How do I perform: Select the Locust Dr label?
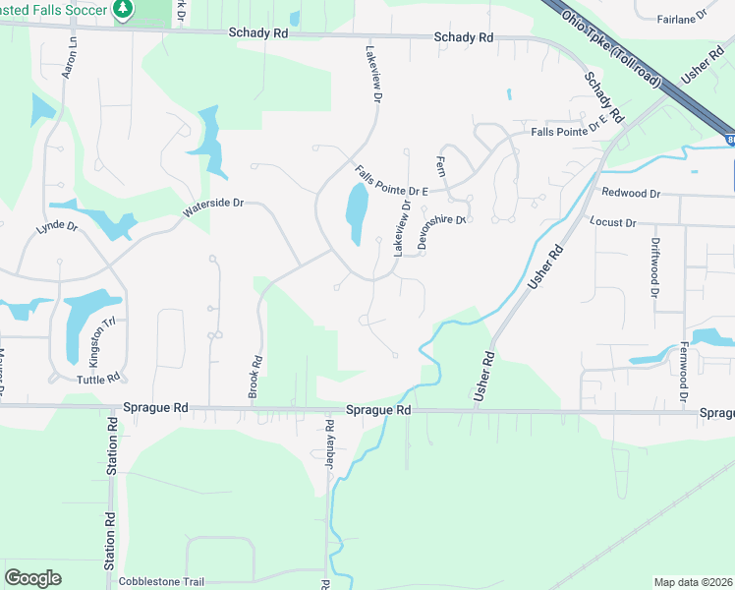pyautogui.click(x=613, y=223)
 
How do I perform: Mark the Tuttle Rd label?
pyautogui.click(x=97, y=380)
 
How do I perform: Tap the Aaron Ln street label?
pyautogui.click(x=70, y=59)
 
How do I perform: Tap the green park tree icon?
pyautogui.click(x=122, y=9)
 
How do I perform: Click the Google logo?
pyautogui.click(x=32, y=578)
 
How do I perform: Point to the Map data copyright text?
pyautogui.click(x=693, y=582)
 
